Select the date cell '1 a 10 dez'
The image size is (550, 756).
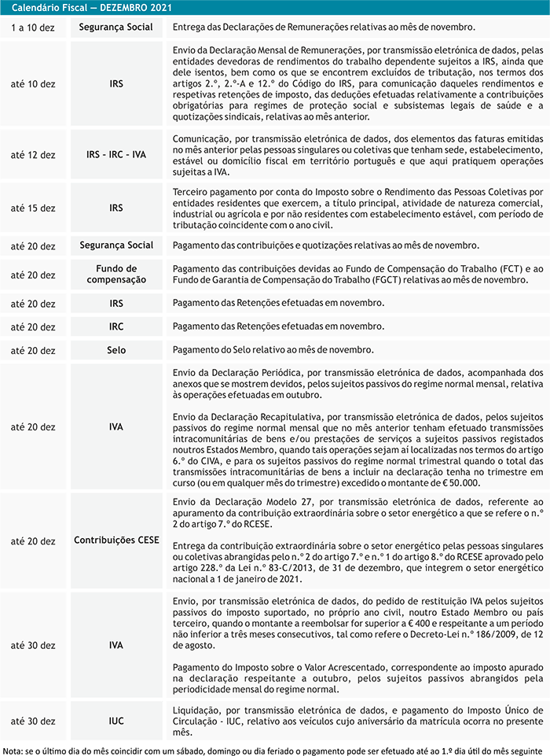[x=33, y=27]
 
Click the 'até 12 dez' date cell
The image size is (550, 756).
[x=33, y=155]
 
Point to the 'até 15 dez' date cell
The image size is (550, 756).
[x=33, y=208]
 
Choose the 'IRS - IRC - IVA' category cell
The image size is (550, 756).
[x=116, y=155]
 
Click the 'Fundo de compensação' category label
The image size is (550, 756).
[x=116, y=275]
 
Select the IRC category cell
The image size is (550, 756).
[x=116, y=326]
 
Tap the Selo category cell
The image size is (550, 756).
[x=116, y=349]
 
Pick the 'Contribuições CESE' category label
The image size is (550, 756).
[x=116, y=541]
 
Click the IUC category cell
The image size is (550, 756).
[x=116, y=721]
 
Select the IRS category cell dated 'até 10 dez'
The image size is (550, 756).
[x=116, y=83]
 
